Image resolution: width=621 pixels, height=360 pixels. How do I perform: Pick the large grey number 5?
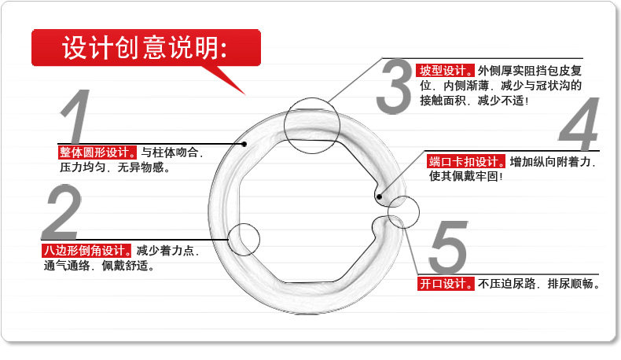(449, 249)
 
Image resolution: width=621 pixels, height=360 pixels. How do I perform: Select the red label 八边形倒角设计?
(87, 251)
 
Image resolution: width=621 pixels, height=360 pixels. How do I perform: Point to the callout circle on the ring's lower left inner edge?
(244, 239)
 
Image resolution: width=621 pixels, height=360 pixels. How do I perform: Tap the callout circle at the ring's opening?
(404, 211)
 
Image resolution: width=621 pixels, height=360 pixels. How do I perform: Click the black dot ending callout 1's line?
(244, 144)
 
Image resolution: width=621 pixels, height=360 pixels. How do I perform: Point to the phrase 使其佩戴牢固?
(465, 176)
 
